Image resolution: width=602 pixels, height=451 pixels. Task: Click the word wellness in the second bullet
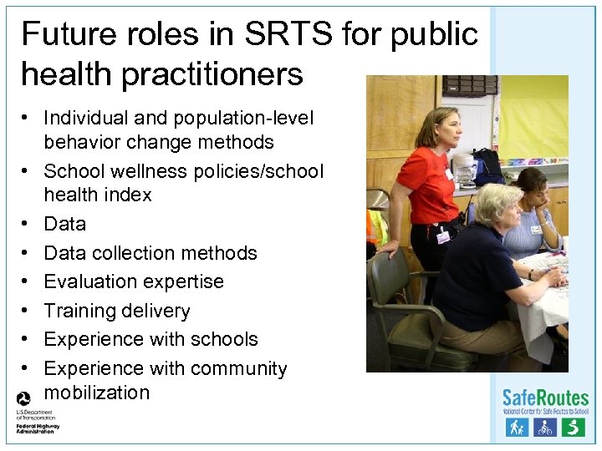click(145, 171)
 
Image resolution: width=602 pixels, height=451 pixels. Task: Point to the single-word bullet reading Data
click(65, 224)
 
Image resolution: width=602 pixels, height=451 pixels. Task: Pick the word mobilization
click(97, 393)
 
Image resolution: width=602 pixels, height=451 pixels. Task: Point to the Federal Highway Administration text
click(38, 428)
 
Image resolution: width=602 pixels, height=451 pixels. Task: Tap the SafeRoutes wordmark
click(545, 398)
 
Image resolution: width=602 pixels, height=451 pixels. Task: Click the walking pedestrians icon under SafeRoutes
click(516, 428)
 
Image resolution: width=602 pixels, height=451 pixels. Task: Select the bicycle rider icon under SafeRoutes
click(544, 428)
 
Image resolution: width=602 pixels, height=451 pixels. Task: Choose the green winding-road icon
click(573, 428)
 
